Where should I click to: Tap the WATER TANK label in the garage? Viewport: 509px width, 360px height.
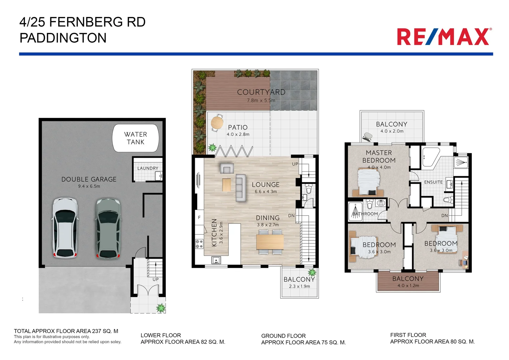[x=135, y=138]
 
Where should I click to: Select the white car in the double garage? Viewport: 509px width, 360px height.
[x=65, y=228]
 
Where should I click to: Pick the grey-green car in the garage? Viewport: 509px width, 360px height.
[x=108, y=228]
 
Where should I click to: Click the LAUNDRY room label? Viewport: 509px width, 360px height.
[x=148, y=168]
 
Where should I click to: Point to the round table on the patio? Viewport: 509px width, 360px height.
[x=217, y=122]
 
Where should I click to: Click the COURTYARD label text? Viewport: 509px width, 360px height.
[x=261, y=92]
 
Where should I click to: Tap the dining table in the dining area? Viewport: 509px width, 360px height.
[x=270, y=242]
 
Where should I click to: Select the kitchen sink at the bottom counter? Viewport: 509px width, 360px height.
[x=216, y=260]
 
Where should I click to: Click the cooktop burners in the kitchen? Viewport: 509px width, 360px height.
[x=199, y=244]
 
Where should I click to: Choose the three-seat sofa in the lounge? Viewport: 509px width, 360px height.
[x=241, y=188]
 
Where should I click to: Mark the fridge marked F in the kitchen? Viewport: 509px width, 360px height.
[x=199, y=217]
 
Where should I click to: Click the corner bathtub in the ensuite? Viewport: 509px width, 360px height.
[x=430, y=158]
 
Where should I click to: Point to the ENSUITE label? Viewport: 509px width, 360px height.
[x=433, y=182]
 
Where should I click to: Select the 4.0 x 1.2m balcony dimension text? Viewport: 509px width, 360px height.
[x=408, y=286]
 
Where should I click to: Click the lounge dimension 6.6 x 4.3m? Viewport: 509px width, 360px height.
[x=265, y=192]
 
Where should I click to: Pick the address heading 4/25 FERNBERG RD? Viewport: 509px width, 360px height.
[x=82, y=22]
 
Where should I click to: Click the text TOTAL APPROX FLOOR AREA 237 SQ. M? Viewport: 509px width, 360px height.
[x=66, y=331]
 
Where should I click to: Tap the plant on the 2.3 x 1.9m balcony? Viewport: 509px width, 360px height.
[x=312, y=272]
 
